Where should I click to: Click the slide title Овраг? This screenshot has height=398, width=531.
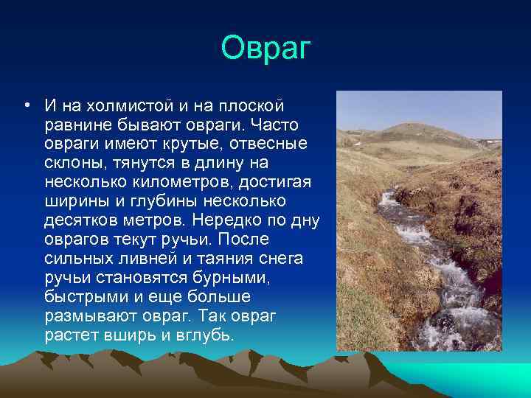click(266, 49)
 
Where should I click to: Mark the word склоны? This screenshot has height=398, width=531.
click(74, 164)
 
